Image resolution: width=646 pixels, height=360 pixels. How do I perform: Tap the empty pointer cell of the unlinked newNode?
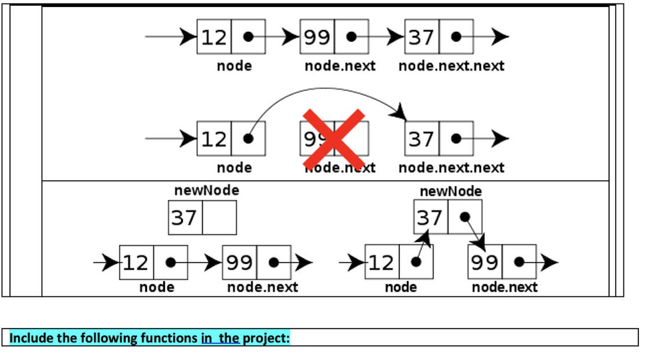219,218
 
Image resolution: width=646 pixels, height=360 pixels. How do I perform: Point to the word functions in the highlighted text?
168,338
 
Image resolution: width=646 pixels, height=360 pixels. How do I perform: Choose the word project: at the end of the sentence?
266,338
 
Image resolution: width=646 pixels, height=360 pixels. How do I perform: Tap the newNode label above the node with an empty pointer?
207,190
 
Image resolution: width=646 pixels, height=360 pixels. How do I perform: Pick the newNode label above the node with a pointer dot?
450,191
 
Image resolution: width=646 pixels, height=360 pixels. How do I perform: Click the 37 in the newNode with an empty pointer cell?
185,218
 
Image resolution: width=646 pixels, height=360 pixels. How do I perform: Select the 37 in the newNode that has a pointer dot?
430,218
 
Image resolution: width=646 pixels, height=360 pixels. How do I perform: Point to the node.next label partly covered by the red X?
340,168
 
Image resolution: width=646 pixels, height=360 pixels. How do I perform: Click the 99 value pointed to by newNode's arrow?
485,262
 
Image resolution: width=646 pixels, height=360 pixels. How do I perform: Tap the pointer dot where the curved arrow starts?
248,139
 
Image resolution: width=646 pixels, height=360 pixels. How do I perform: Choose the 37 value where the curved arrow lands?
421,139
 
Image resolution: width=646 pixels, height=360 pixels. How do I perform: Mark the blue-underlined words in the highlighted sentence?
221,338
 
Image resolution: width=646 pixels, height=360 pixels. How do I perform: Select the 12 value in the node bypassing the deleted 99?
214,139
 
